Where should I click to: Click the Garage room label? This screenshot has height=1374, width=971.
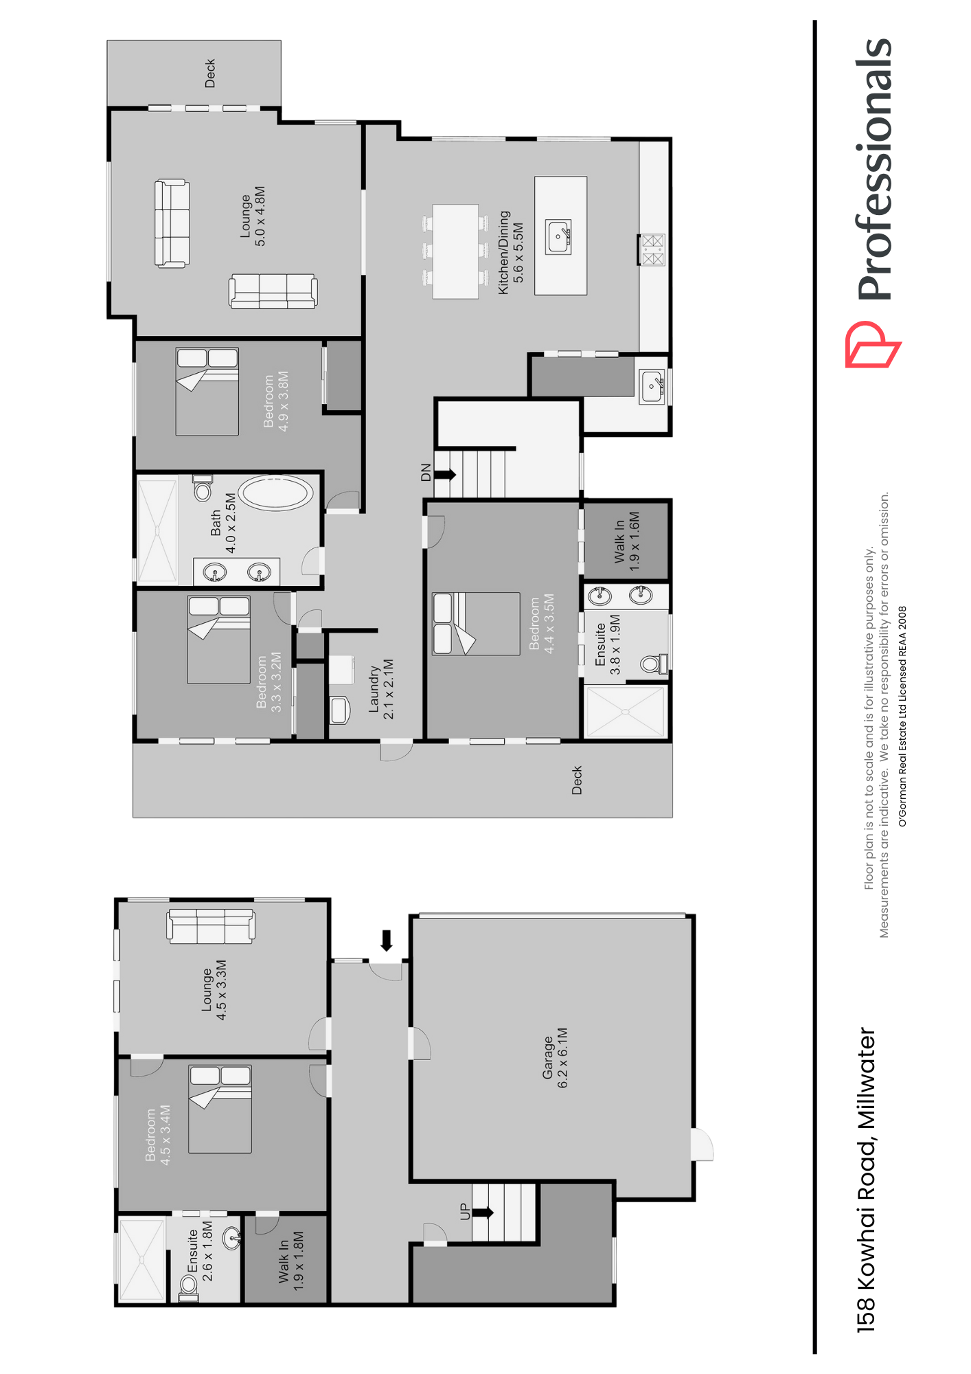pyautogui.click(x=555, y=1058)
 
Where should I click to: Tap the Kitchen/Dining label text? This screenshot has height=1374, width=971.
pyautogui.click(x=511, y=252)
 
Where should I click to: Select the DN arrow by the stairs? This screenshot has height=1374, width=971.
pyautogui.click(x=445, y=474)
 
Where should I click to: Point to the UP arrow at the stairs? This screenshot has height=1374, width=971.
pyautogui.click(x=483, y=1213)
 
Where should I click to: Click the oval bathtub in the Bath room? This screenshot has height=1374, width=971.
pyautogui.click(x=276, y=493)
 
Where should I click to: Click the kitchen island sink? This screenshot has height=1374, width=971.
pyautogui.click(x=558, y=237)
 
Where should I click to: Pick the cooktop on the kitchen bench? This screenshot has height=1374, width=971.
pyautogui.click(x=652, y=250)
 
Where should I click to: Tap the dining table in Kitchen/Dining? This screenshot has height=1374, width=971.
pyautogui.click(x=455, y=251)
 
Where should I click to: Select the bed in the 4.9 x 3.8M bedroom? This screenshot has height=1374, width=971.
pyautogui.click(x=207, y=392)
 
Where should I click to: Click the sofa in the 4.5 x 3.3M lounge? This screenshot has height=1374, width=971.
pyautogui.click(x=212, y=925)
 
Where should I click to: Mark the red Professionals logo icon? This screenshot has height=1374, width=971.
pyautogui.click(x=872, y=344)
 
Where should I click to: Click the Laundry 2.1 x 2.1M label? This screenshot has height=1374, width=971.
pyautogui.click(x=381, y=689)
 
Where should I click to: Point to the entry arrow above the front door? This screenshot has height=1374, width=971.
pyautogui.click(x=387, y=941)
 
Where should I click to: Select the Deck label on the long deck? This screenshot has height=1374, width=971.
pyautogui.click(x=577, y=780)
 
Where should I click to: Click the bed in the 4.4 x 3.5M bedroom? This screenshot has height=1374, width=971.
pyautogui.click(x=476, y=624)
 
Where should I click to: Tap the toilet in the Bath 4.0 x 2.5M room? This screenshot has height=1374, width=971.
pyautogui.click(x=202, y=488)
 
